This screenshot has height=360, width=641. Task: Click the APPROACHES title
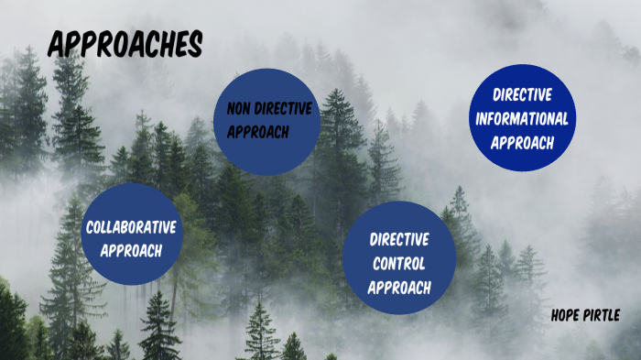(125, 43)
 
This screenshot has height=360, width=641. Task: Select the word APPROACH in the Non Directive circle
(258, 132)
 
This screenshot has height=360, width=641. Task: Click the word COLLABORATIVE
(131, 227)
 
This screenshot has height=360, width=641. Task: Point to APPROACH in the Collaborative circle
(131, 250)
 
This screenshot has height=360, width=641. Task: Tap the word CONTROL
(399, 263)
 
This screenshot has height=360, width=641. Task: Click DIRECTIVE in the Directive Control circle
(399, 240)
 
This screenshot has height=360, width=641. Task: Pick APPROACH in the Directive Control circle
(399, 287)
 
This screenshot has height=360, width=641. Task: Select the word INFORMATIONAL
(522, 118)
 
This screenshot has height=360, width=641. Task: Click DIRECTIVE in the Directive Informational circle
(522, 94)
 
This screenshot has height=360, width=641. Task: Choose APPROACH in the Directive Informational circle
(522, 142)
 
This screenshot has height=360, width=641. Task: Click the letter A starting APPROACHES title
(56, 43)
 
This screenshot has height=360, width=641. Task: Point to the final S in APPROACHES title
(195, 43)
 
